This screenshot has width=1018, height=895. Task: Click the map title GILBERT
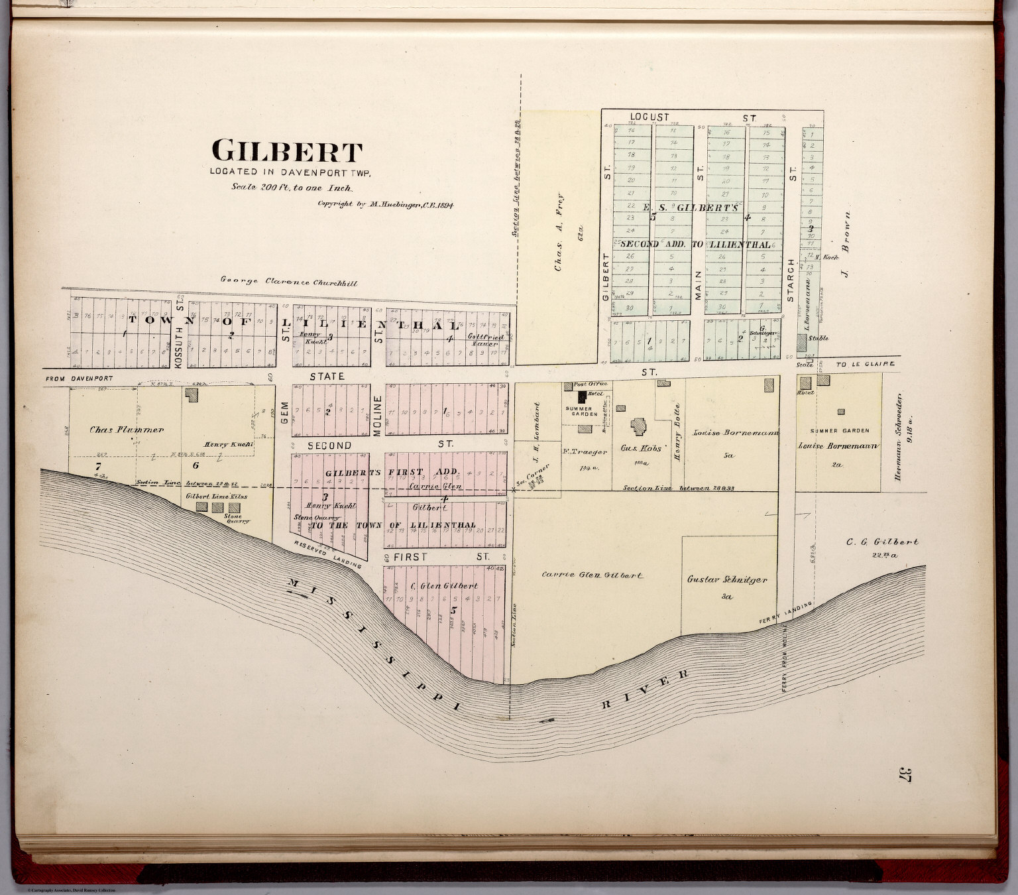tap(287, 152)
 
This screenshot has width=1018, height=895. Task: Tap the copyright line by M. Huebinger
tap(385, 205)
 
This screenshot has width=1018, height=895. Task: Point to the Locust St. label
tap(693, 118)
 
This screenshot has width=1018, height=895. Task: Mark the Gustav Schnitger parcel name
tap(727, 579)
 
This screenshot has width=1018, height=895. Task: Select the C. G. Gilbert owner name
tap(882, 542)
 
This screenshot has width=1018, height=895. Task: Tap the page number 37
tap(905, 774)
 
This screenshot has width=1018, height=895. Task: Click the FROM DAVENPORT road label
tap(79, 379)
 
